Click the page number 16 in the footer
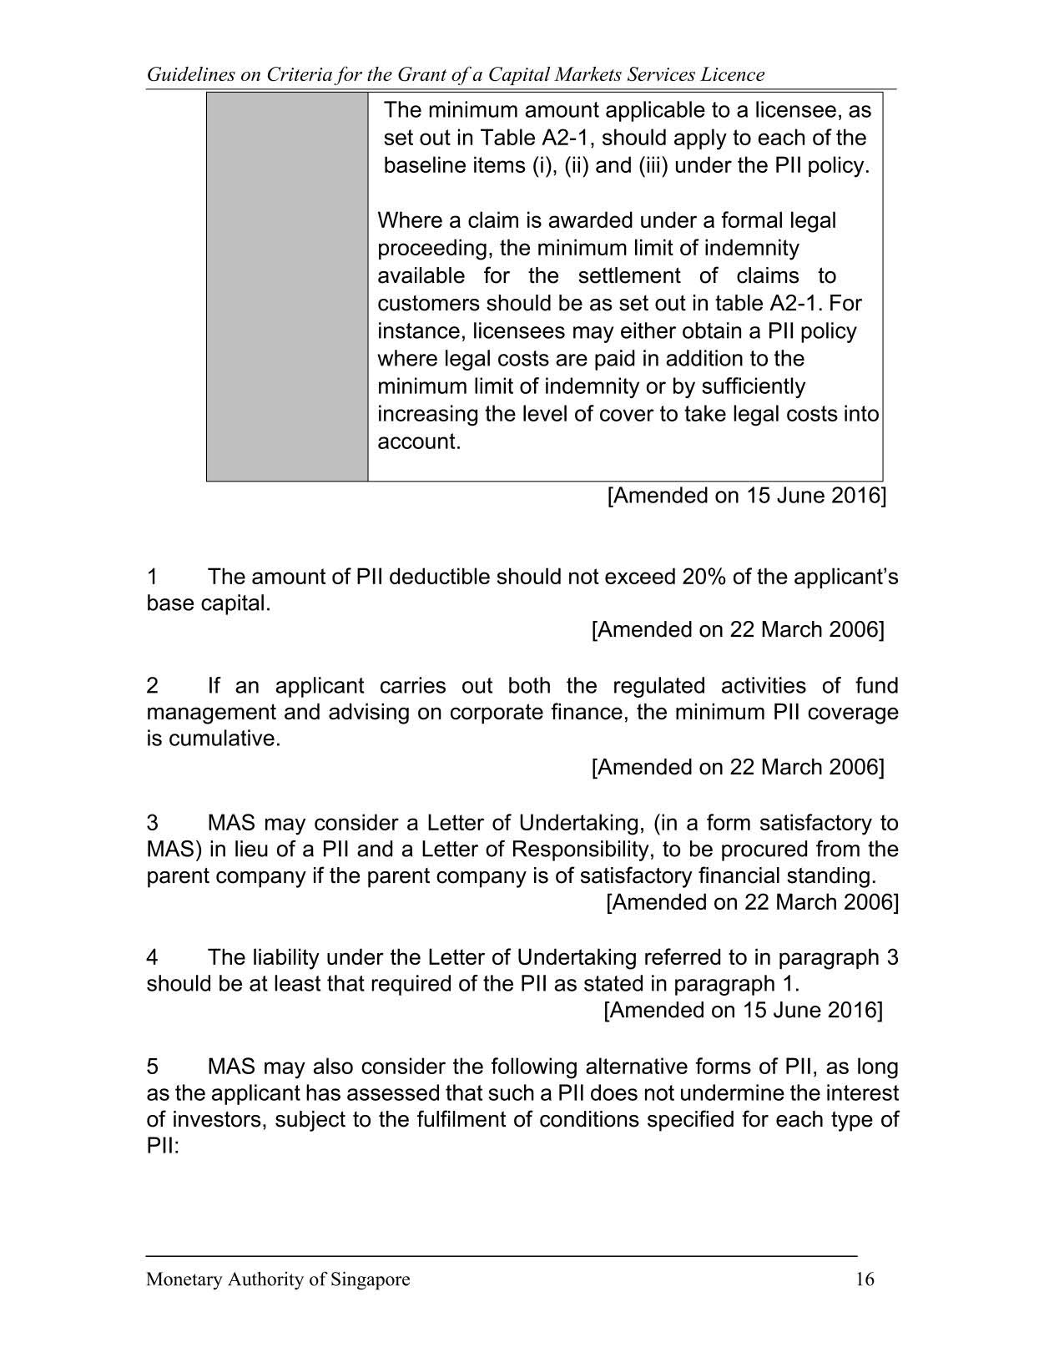pyautogui.click(x=865, y=1279)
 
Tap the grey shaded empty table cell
pyautogui.click(x=287, y=286)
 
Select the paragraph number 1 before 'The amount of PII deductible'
pyautogui.click(x=153, y=577)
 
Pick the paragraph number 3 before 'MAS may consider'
pyautogui.click(x=153, y=823)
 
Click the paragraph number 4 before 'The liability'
pyautogui.click(x=153, y=957)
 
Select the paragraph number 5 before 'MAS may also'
pyautogui.click(x=153, y=1067)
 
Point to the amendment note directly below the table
pyautogui.click(x=745, y=496)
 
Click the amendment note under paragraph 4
pyautogui.click(x=742, y=1010)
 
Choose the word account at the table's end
pyautogui.click(x=418, y=441)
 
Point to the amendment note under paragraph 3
pyautogui.click(x=752, y=902)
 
